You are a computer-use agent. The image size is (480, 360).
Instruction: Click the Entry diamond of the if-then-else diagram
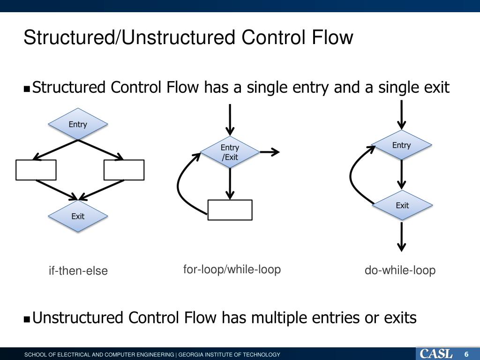78,124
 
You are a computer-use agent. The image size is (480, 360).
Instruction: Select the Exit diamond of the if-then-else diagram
78,216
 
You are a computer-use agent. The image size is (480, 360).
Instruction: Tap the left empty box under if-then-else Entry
36,170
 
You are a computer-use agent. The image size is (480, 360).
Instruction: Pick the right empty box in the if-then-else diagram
124,170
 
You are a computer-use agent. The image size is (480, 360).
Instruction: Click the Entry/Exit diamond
230,152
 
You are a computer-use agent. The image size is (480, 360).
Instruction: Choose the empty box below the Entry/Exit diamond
230,210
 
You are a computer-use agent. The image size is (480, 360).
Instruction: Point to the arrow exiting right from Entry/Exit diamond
270,152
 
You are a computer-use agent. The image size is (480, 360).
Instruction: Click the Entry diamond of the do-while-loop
401,145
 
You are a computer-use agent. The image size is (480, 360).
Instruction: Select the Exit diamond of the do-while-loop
402,205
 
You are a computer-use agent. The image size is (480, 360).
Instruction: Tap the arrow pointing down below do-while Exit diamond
402,237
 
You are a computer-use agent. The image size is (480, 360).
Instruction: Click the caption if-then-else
78,271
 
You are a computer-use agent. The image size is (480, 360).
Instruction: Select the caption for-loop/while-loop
232,270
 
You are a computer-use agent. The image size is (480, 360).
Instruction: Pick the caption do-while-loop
400,270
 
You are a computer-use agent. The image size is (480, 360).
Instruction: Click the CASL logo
436,354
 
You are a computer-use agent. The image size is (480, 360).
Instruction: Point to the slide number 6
466,354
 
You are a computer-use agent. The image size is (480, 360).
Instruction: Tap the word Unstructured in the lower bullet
78,318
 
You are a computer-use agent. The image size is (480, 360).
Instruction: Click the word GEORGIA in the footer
193,355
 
